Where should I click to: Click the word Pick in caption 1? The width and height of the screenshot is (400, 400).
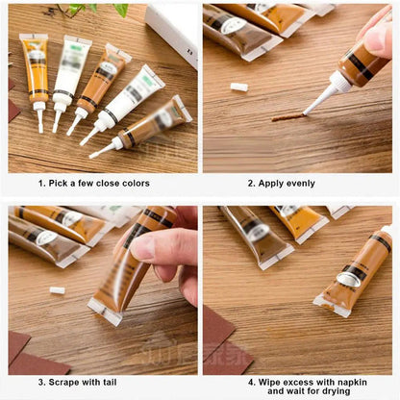(62, 183)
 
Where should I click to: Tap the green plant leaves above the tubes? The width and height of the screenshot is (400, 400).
(96, 9)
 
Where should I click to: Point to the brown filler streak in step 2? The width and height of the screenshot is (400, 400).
(287, 117)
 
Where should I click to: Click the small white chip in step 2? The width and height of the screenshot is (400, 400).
(239, 87)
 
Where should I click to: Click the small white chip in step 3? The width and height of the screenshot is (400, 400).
(58, 289)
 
